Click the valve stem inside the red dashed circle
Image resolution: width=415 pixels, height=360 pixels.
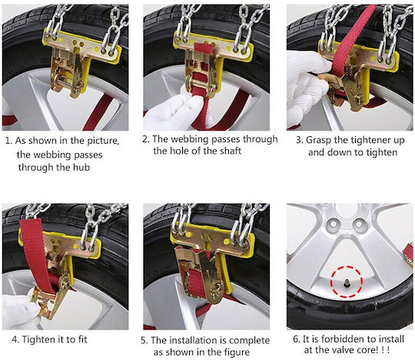[346, 284]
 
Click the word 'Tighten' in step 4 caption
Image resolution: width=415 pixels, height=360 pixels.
[38, 339]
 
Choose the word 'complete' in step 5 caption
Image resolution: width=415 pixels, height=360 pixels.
[251, 341]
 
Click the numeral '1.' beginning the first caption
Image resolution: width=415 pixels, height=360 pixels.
[9, 141]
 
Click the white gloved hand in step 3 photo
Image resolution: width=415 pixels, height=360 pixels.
[306, 85]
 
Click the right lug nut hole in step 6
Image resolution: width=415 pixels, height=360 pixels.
[359, 224]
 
